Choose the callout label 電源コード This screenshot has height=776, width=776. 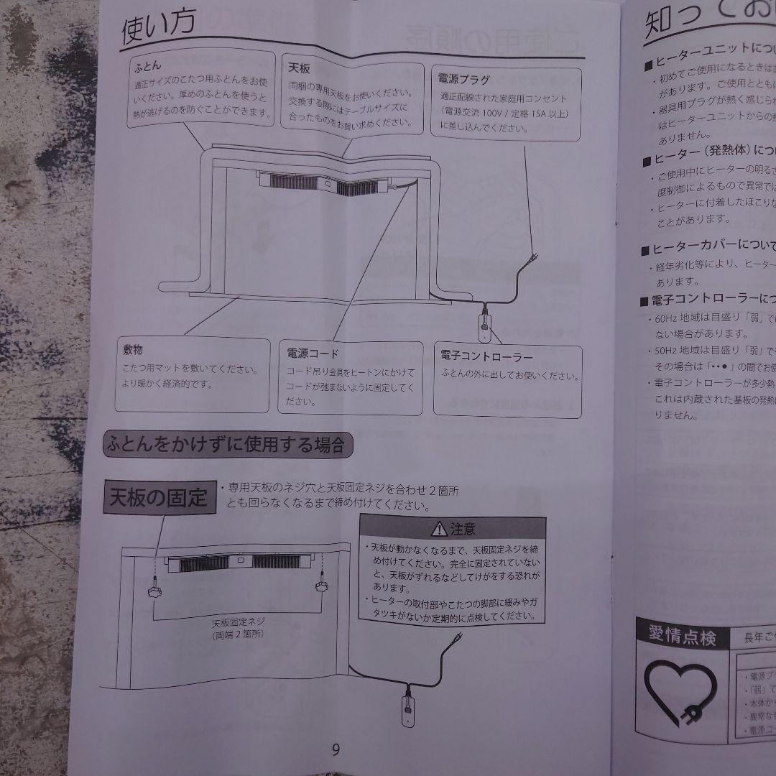[x=312, y=354]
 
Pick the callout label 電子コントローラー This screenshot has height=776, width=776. [x=486, y=357]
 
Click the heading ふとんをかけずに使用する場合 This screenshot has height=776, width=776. [x=228, y=445]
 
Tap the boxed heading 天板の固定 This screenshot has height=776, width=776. [x=158, y=497]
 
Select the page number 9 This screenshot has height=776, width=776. [x=336, y=750]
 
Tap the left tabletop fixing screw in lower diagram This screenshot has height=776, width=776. [x=154, y=591]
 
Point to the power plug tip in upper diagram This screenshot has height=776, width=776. [x=535, y=257]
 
